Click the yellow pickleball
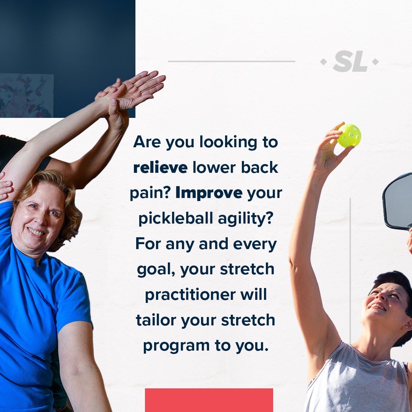[x=349, y=135]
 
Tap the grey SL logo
[x=349, y=61]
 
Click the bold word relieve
[x=160, y=167]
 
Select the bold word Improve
[x=209, y=193]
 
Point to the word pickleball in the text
[x=176, y=218]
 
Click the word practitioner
[x=190, y=295]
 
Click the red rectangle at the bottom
[x=209, y=400]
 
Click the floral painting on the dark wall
[x=27, y=95]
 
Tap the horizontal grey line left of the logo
[x=231, y=61]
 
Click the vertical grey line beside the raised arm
[x=350, y=270]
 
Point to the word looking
[x=229, y=143]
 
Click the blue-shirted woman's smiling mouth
[x=36, y=232]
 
